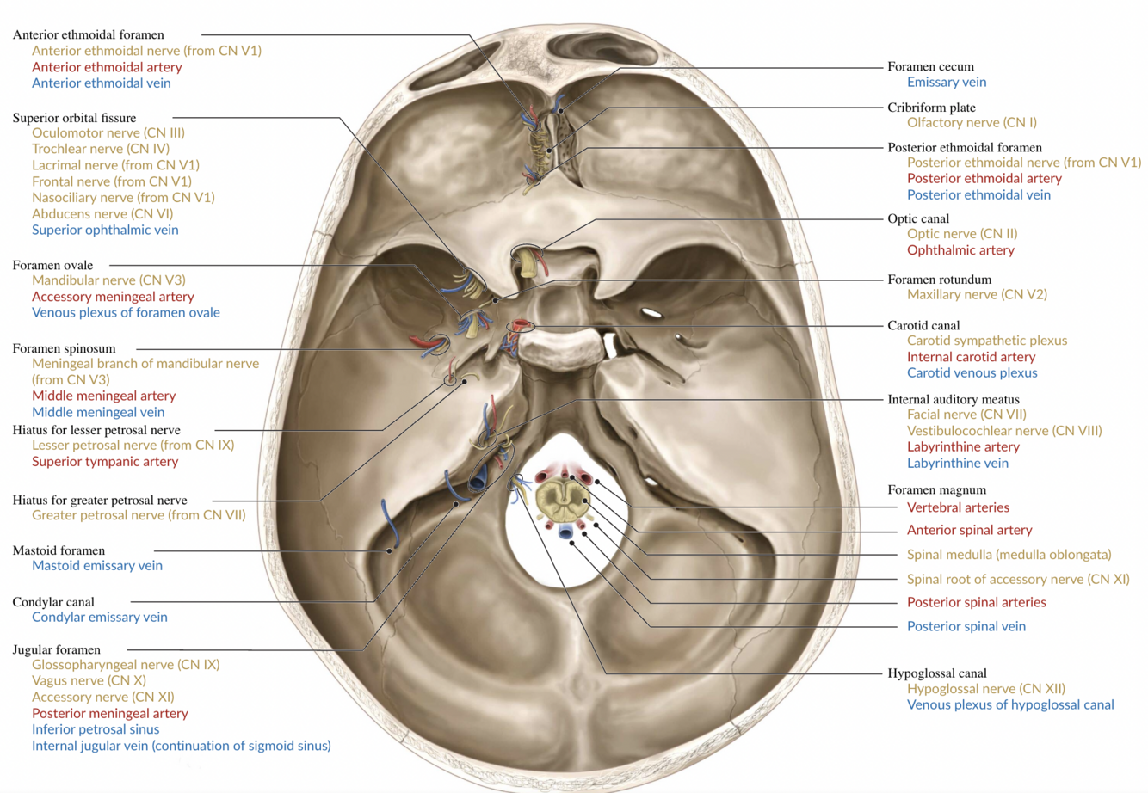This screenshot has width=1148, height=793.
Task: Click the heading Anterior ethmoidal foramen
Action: click(88, 35)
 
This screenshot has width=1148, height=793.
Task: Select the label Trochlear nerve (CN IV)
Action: click(101, 149)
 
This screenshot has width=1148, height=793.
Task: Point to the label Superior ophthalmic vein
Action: click(105, 230)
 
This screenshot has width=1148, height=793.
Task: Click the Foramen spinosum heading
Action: click(64, 348)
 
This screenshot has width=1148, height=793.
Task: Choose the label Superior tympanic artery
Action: click(105, 462)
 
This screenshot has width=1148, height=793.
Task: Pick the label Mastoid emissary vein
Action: click(97, 566)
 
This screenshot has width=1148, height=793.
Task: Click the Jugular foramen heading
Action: click(56, 649)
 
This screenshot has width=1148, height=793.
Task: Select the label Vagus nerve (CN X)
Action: click(89, 680)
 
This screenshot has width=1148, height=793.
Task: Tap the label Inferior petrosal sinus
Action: click(96, 729)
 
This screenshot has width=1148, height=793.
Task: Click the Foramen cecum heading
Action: click(930, 66)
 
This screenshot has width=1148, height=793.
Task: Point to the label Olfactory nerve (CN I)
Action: click(972, 123)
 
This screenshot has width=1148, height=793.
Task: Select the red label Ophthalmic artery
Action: click(960, 250)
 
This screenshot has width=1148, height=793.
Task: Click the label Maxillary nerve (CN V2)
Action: click(977, 295)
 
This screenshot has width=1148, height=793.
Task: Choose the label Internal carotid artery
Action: click(971, 357)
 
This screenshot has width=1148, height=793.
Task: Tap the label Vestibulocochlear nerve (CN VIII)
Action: click(1003, 431)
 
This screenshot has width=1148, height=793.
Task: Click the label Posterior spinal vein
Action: click(966, 627)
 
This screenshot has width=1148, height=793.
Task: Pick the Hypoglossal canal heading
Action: click(936, 673)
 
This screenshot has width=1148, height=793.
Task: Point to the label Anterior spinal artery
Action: click(969, 531)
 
